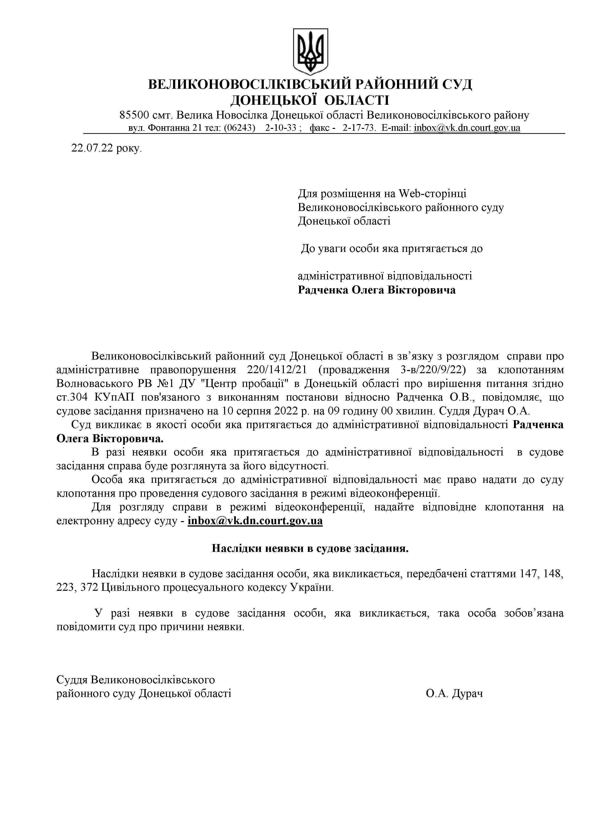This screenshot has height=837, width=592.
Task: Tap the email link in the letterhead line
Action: (x=467, y=128)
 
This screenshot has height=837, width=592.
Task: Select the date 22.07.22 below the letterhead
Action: (x=93, y=149)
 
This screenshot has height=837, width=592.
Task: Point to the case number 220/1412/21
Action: (x=277, y=370)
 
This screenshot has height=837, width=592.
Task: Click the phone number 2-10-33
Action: (x=280, y=128)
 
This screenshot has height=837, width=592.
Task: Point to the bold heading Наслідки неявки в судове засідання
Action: (x=310, y=548)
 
